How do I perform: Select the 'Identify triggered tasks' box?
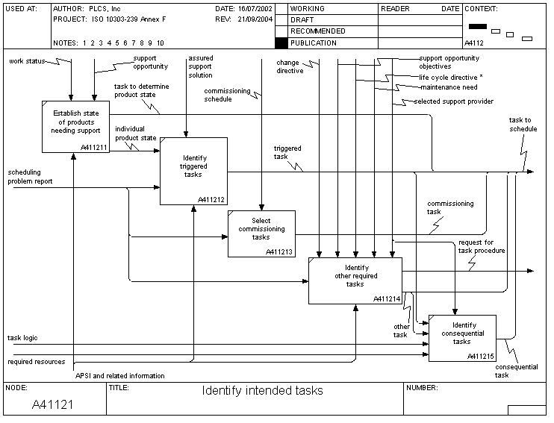(x=193, y=171)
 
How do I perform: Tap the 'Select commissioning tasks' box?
(x=261, y=234)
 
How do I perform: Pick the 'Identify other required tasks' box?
(x=355, y=280)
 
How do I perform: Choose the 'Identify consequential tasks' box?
(x=462, y=337)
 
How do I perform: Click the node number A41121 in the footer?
(x=52, y=405)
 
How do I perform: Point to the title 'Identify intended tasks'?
(x=262, y=390)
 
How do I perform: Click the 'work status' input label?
(x=26, y=60)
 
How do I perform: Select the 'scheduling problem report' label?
(x=31, y=177)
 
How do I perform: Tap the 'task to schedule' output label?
(x=523, y=125)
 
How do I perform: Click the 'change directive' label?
(x=290, y=67)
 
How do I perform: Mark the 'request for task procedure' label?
(x=482, y=246)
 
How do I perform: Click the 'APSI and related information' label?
(x=119, y=375)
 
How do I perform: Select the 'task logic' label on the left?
(x=22, y=338)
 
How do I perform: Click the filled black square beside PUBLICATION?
(x=281, y=43)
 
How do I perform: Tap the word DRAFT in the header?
(x=302, y=20)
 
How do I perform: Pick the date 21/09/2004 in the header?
(x=252, y=19)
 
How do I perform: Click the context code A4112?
(x=475, y=43)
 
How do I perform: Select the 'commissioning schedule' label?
(x=227, y=95)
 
